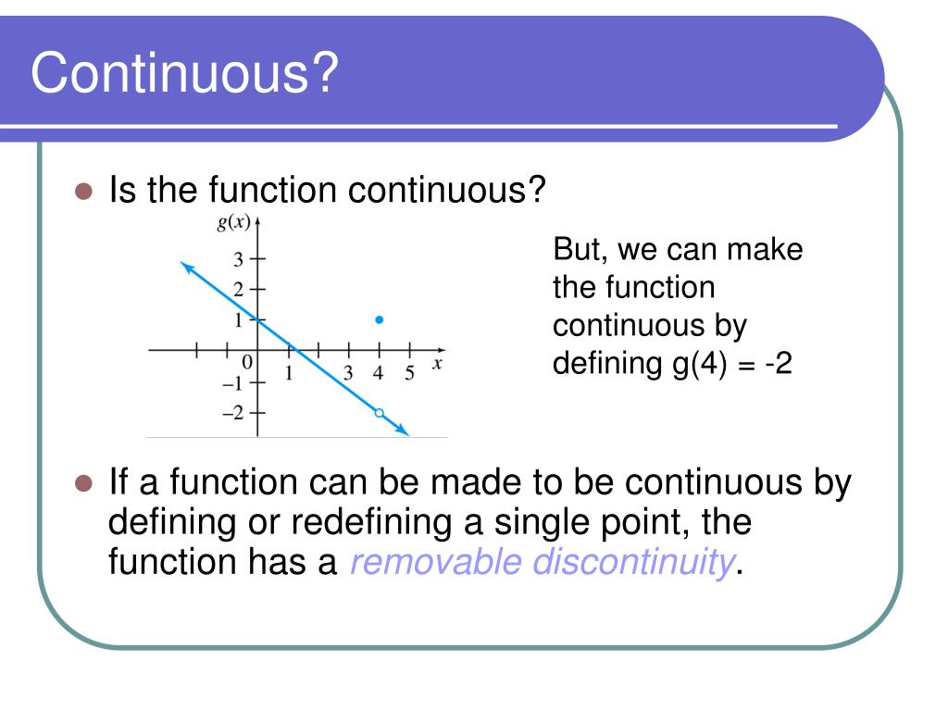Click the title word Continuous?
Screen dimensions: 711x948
[x=182, y=74]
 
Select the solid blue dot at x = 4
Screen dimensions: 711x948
[x=379, y=319]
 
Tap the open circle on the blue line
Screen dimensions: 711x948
[x=379, y=413]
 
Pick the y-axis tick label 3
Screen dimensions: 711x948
[x=238, y=259]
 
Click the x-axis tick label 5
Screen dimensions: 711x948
[x=408, y=374]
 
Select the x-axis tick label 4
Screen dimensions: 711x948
[x=378, y=374]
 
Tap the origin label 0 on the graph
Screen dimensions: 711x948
[x=246, y=363]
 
